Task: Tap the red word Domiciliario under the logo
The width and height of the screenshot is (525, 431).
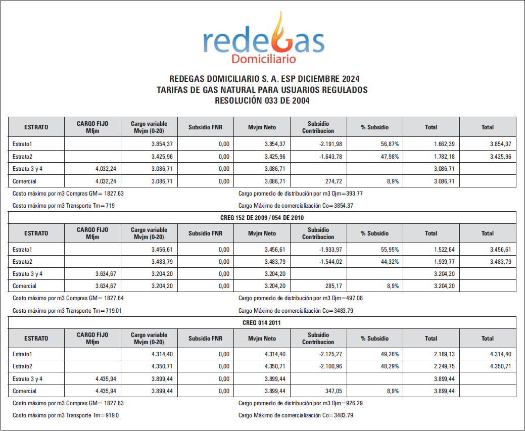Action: [x=263, y=59]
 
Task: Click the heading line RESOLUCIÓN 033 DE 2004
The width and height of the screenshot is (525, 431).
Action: [x=262, y=101]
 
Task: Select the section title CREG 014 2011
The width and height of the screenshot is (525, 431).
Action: [x=262, y=322]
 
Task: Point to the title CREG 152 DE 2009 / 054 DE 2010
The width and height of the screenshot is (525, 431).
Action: [x=262, y=217]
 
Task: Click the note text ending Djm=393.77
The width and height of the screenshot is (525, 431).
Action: [x=300, y=193]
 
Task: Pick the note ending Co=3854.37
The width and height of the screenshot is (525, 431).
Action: [x=296, y=206]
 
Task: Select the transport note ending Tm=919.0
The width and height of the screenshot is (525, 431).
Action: [x=66, y=415]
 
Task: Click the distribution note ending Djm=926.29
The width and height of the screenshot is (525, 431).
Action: [x=300, y=403]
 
